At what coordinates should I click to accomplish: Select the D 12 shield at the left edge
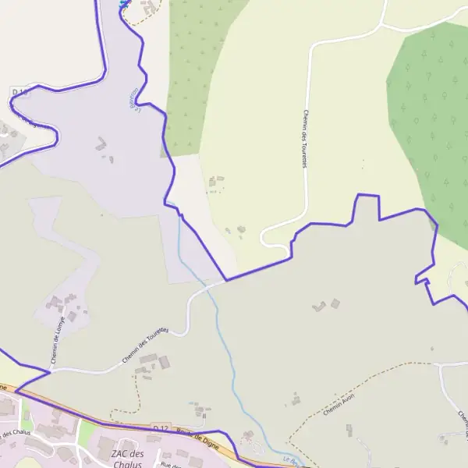coord(19,92)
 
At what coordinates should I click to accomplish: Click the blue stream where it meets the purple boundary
coord(180,215)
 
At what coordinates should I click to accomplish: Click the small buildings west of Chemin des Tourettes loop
coord(235,229)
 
